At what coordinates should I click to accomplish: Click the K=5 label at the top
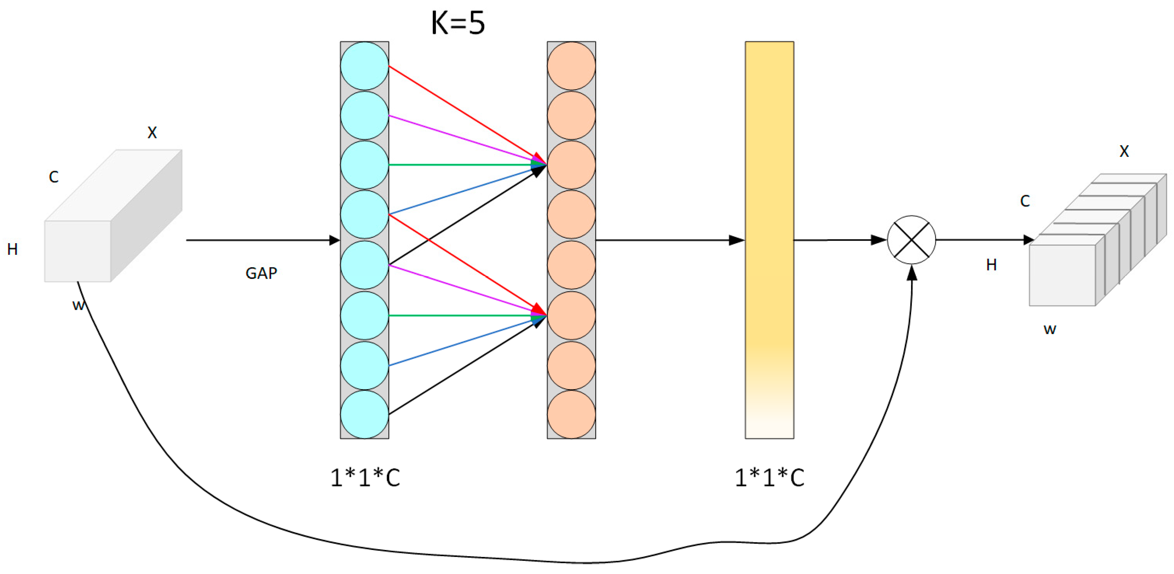[458, 23]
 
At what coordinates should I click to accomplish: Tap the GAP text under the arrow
[261, 273]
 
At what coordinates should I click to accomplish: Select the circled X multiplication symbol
[911, 240]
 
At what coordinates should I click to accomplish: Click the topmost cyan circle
[364, 66]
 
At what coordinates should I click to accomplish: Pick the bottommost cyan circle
[364, 415]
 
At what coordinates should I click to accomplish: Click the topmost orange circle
[571, 66]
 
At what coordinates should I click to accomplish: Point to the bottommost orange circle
[571, 415]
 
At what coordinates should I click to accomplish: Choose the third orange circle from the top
[571, 165]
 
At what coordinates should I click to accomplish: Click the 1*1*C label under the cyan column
[365, 478]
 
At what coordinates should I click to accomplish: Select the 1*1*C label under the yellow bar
[769, 478]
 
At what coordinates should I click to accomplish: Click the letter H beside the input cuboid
[13, 249]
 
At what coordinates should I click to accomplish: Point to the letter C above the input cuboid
[54, 177]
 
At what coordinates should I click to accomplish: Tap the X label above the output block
[1124, 151]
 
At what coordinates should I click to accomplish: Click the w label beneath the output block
[1049, 329]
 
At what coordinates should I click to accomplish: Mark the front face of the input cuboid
[78, 251]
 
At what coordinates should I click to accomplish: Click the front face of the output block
[1062, 275]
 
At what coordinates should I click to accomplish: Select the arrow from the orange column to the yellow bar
[670, 240]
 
